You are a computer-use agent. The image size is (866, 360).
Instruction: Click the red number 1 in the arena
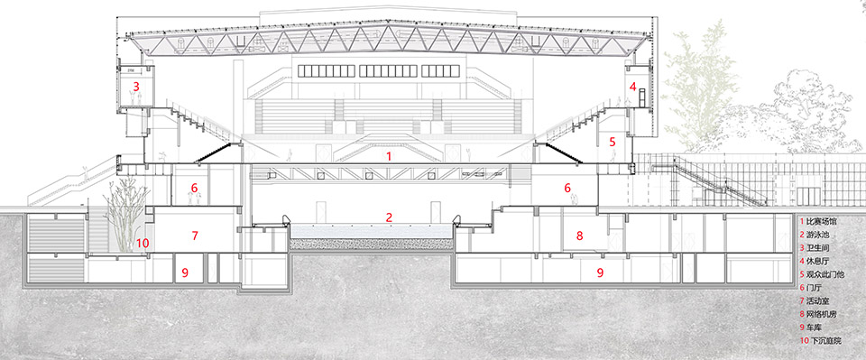pos(389,156)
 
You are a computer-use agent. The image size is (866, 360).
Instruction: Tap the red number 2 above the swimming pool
pos(389,217)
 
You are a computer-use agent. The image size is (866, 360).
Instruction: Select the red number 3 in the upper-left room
pos(136,87)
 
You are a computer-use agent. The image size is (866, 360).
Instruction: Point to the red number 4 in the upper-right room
pos(632,87)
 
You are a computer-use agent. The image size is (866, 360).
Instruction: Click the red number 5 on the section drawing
pos(611,142)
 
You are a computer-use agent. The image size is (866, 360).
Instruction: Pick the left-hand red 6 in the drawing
pos(194,189)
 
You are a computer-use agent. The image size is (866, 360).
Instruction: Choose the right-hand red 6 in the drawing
pos(567,189)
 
